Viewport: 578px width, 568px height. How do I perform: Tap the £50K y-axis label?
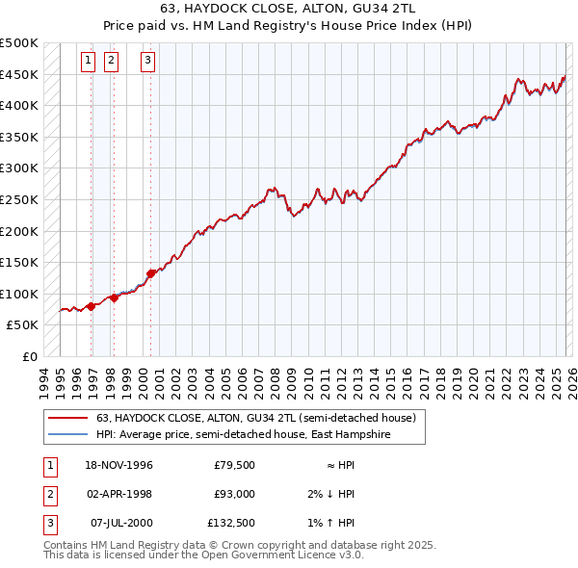coord(23,325)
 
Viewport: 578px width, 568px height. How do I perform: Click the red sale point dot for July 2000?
coord(151,273)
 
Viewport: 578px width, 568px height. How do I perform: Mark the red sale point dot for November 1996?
coord(92,306)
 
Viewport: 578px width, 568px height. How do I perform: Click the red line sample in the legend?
coord(67,419)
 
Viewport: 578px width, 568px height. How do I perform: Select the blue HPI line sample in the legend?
coord(67,435)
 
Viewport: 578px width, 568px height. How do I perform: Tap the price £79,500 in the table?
coord(234,465)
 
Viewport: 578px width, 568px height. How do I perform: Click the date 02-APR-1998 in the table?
coord(118,494)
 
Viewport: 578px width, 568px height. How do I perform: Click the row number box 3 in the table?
coord(49,523)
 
